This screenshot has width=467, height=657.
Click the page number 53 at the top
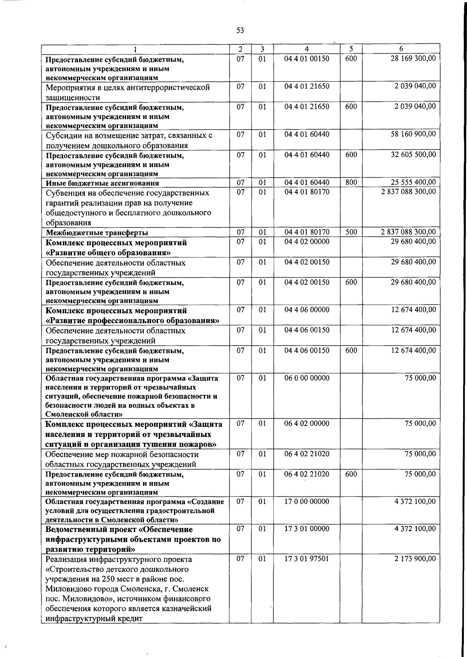pos(240,30)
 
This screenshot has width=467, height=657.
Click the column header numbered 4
pos(307,49)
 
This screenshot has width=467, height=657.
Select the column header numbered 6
pos(401,49)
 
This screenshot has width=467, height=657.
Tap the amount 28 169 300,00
pos(413,58)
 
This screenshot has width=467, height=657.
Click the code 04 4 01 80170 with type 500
pos(307,232)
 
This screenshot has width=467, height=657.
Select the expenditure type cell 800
pos(351,182)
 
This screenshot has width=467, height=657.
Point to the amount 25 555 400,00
pos(413,182)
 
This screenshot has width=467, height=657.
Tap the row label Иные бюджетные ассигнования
pos(102,183)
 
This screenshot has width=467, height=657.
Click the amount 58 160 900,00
pos(413,134)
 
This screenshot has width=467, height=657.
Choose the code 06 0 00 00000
pos(307,378)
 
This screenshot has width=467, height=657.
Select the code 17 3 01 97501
pos(307,559)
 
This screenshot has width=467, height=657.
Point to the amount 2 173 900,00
pos(415,559)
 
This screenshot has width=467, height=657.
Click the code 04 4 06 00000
pos(307,310)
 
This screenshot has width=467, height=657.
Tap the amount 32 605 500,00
pos(413,154)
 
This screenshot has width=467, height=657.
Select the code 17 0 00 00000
pos(307,501)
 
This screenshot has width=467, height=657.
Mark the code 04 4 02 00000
pos(307,241)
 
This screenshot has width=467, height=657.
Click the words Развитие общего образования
pos(109,253)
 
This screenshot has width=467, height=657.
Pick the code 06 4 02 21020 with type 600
pos(307,474)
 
